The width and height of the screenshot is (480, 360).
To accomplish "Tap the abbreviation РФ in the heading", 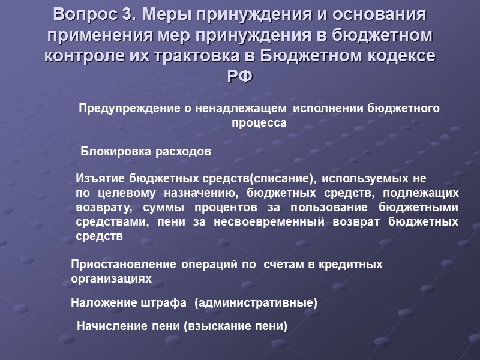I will (x=239, y=77).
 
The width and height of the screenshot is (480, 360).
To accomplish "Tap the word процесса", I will (x=259, y=123).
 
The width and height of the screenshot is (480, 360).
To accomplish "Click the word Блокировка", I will (x=114, y=152).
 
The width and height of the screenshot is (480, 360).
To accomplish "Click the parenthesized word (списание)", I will (x=283, y=179).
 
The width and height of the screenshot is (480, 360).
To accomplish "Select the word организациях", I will (x=112, y=279).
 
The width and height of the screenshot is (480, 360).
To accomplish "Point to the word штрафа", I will (x=161, y=303).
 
